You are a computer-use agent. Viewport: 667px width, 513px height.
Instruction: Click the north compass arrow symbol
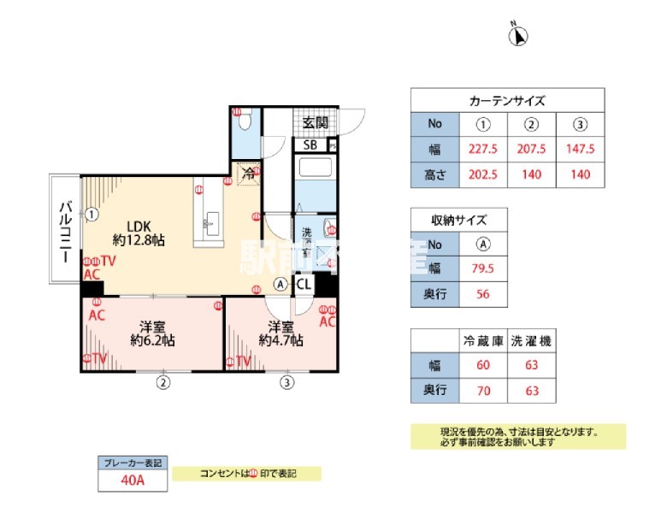point(519,36)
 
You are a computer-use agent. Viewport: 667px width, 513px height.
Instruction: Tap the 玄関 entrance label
point(315,123)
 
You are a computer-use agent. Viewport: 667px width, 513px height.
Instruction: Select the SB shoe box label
point(311,144)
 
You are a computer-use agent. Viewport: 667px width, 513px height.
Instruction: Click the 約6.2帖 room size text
point(153,340)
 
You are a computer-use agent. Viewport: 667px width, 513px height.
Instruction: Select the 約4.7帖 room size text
point(281,340)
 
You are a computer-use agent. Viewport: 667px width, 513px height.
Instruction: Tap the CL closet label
point(304,285)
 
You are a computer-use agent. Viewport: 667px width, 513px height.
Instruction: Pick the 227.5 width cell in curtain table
point(484,148)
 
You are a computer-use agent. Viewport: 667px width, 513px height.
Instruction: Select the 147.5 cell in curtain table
point(581,148)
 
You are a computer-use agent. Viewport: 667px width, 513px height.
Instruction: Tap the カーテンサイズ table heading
point(507,100)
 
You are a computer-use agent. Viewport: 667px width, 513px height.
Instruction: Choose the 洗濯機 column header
point(532,341)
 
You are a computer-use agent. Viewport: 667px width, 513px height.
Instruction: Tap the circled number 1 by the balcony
point(91,215)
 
